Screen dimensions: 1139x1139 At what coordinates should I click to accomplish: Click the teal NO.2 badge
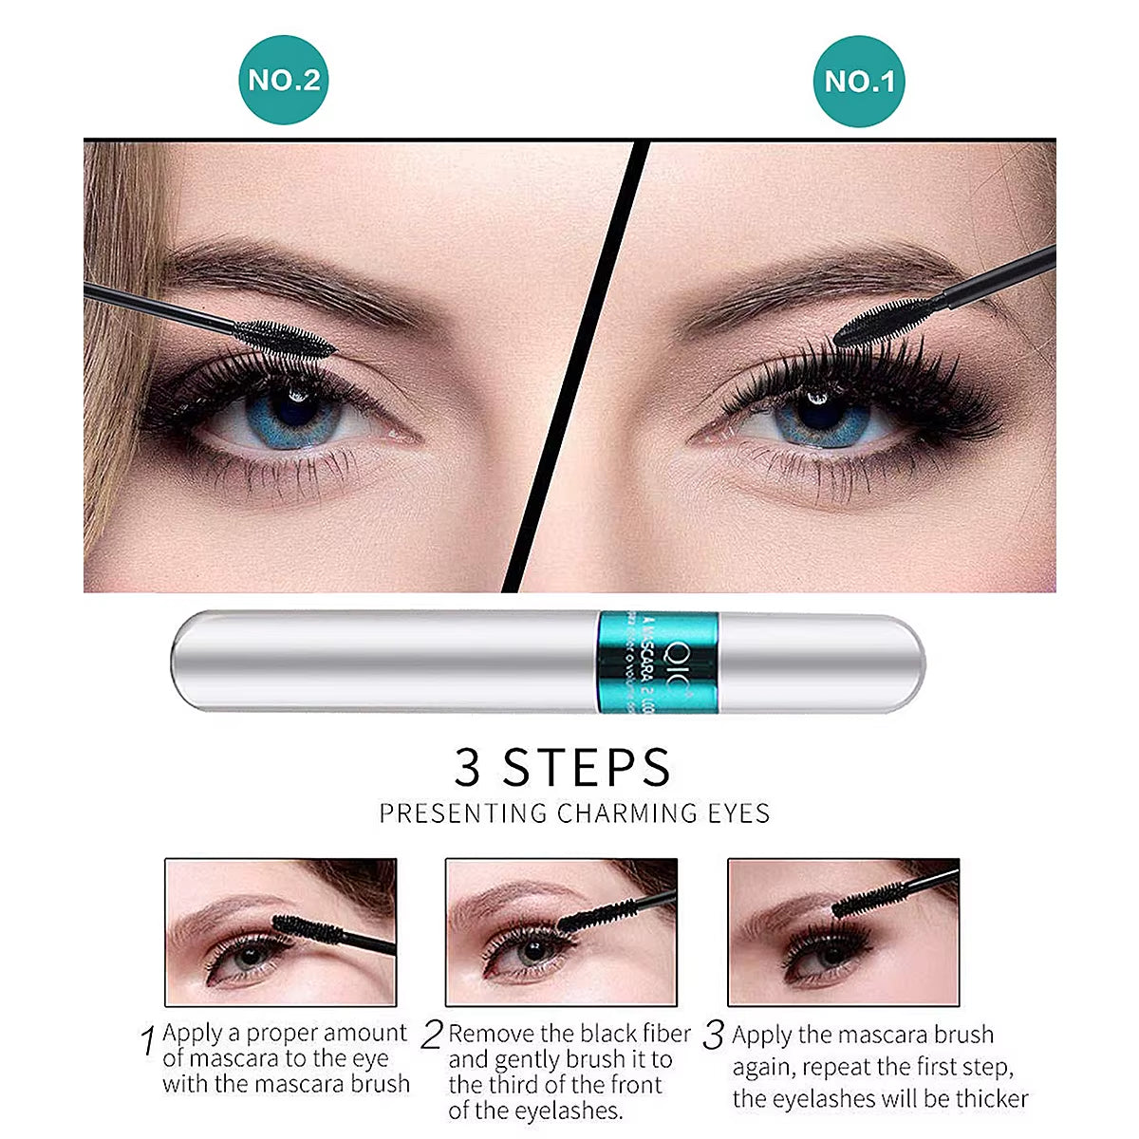click(x=283, y=80)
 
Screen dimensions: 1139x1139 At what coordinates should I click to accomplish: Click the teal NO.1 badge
click(x=859, y=81)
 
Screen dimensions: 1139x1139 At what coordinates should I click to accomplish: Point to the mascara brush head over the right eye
click(x=883, y=322)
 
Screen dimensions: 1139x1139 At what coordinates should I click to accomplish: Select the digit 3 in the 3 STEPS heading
click(x=468, y=766)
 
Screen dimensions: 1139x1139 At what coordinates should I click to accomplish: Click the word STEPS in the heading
click(x=587, y=766)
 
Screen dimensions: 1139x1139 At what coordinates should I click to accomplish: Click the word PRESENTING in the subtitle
click(x=463, y=813)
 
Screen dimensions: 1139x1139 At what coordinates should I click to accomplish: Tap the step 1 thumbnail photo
click(x=281, y=931)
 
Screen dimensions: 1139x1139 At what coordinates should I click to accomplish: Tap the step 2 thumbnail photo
click(x=561, y=931)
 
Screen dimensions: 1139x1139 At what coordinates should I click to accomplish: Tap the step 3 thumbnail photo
click(x=843, y=931)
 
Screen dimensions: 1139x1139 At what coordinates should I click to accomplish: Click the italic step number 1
click(x=147, y=1041)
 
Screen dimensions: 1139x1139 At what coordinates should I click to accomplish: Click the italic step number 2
click(x=432, y=1035)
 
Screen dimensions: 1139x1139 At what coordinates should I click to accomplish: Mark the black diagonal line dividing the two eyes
click(x=575, y=365)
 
